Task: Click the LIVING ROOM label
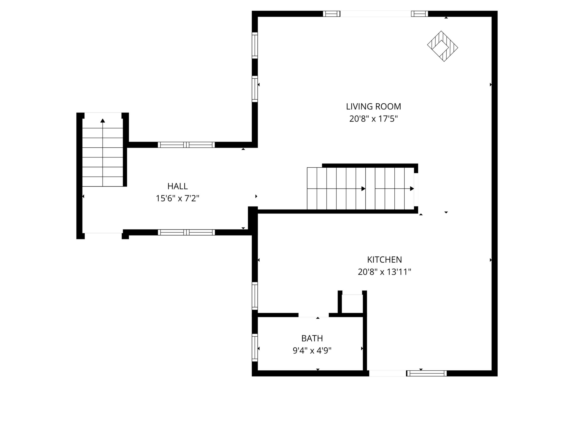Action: pyautogui.click(x=373, y=107)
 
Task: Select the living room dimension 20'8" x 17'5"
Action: pyautogui.click(x=373, y=119)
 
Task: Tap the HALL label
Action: pyautogui.click(x=178, y=186)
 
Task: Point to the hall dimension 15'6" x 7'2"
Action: pyautogui.click(x=178, y=198)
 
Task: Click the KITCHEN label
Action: pyautogui.click(x=384, y=259)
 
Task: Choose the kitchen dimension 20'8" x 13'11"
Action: pyautogui.click(x=384, y=272)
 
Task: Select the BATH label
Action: pyautogui.click(x=312, y=338)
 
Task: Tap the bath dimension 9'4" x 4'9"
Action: pyautogui.click(x=312, y=351)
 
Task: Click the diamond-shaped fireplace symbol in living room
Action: pyautogui.click(x=442, y=46)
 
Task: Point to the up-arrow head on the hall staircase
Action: pyautogui.click(x=103, y=121)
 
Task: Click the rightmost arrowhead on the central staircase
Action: pyautogui.click(x=412, y=189)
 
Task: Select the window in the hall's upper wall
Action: pyautogui.click(x=186, y=145)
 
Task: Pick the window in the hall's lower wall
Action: pyautogui.click(x=186, y=232)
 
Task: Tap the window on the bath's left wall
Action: pyautogui.click(x=255, y=348)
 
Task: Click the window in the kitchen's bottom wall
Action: pyautogui.click(x=427, y=373)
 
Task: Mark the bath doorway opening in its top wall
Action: pyautogui.click(x=313, y=315)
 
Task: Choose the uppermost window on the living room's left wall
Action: pyautogui.click(x=255, y=45)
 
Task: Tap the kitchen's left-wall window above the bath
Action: pyautogui.click(x=255, y=296)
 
